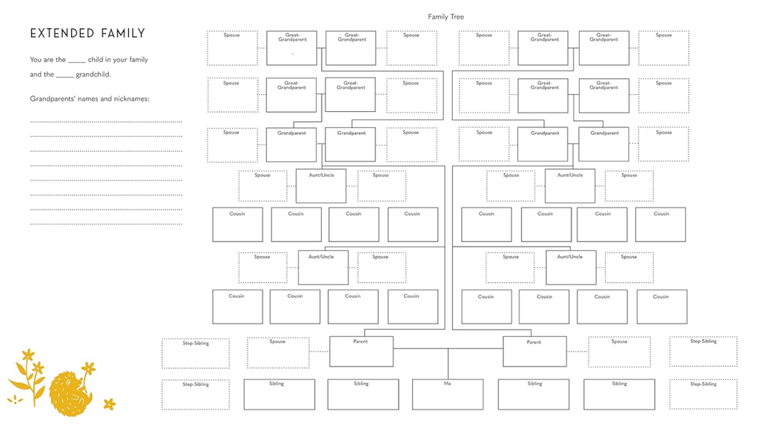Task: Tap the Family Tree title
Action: tap(445, 16)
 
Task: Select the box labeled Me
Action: tap(447, 394)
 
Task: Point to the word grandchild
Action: tap(93, 74)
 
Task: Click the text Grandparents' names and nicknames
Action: tap(89, 98)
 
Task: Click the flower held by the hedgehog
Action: tap(88, 368)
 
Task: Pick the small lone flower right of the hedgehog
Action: tap(110, 404)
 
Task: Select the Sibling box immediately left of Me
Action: tap(361, 394)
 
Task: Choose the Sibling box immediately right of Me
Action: tap(534, 394)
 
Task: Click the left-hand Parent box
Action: tap(361, 352)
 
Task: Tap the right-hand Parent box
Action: tap(534, 352)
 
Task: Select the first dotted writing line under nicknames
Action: tap(106, 121)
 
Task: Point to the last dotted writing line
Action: tap(106, 224)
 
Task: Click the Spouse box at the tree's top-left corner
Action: tap(232, 48)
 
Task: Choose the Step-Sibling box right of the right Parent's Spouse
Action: tap(703, 352)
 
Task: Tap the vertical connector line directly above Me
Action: tap(448, 363)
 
